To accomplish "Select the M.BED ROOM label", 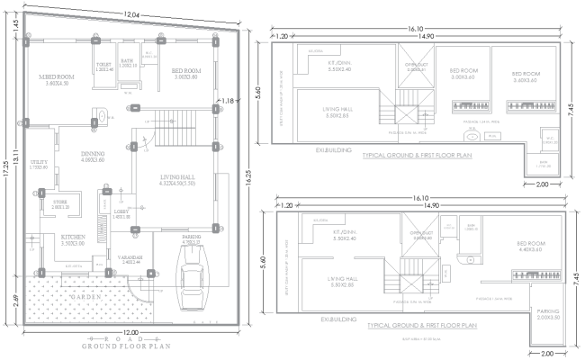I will [57, 79].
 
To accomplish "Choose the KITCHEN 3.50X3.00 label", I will [75, 240].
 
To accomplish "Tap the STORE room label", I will [60, 203].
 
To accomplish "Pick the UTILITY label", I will [39, 165].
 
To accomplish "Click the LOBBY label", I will [121, 214].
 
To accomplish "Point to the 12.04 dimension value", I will [131, 15].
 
